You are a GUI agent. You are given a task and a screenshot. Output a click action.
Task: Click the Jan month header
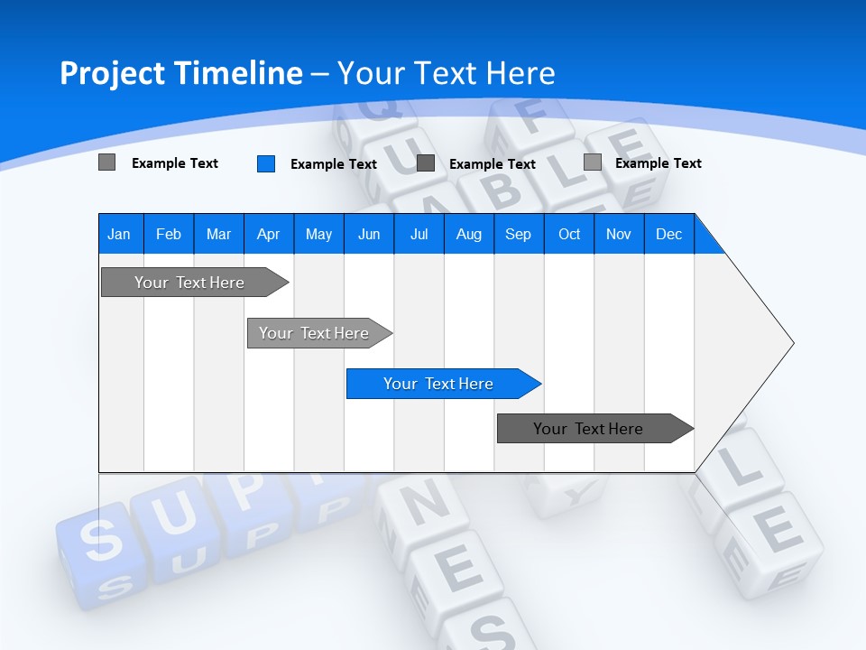(x=119, y=234)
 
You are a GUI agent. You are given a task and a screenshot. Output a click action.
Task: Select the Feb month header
(x=169, y=234)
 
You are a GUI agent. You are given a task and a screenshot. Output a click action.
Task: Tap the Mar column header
(x=218, y=234)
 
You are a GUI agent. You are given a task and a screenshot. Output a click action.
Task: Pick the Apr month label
(x=268, y=234)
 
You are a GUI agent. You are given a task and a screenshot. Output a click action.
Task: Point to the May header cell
(x=318, y=234)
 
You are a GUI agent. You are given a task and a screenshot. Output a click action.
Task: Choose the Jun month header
(x=369, y=234)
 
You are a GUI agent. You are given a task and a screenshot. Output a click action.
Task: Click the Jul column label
(x=419, y=234)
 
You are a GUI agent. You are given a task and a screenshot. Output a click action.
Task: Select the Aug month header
(x=468, y=234)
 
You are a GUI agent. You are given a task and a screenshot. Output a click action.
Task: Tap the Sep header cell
(x=518, y=234)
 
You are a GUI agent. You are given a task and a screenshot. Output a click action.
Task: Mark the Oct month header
(x=569, y=234)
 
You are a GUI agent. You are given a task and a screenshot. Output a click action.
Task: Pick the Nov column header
(x=618, y=234)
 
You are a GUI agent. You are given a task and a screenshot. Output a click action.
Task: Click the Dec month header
(x=668, y=234)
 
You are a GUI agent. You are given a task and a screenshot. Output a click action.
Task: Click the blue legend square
(x=266, y=163)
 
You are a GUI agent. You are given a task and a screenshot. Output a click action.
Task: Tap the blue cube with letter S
(x=101, y=542)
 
